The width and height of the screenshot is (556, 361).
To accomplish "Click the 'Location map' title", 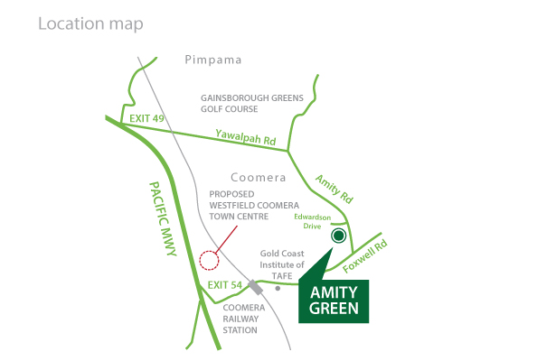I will pos(90,23).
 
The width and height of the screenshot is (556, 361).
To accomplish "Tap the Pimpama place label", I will pos(213,60).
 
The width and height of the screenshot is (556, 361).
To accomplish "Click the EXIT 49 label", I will pos(147,118).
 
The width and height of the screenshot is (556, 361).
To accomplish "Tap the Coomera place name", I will pos(258,178).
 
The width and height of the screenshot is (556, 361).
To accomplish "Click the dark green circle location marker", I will pos(339,236).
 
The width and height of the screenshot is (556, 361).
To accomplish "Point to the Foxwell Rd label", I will pos(367,254).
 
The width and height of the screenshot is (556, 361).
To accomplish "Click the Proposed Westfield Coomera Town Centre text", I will pos(244,206).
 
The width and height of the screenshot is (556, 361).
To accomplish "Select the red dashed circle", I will pos(209,260).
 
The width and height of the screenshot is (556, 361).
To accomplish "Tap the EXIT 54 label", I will pos(224,286).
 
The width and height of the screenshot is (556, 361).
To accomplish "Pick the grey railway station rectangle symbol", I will pos(257,288).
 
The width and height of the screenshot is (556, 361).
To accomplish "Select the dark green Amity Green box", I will pos(334,301).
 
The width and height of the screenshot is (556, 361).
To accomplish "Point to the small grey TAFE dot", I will pos(278,289).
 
